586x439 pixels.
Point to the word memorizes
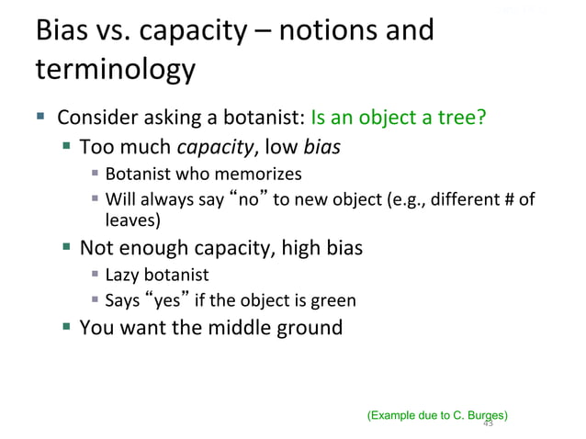pyautogui.click(x=265, y=174)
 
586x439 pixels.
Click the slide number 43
pyautogui.click(x=488, y=423)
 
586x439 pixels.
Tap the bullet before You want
pyautogui.click(x=67, y=327)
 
